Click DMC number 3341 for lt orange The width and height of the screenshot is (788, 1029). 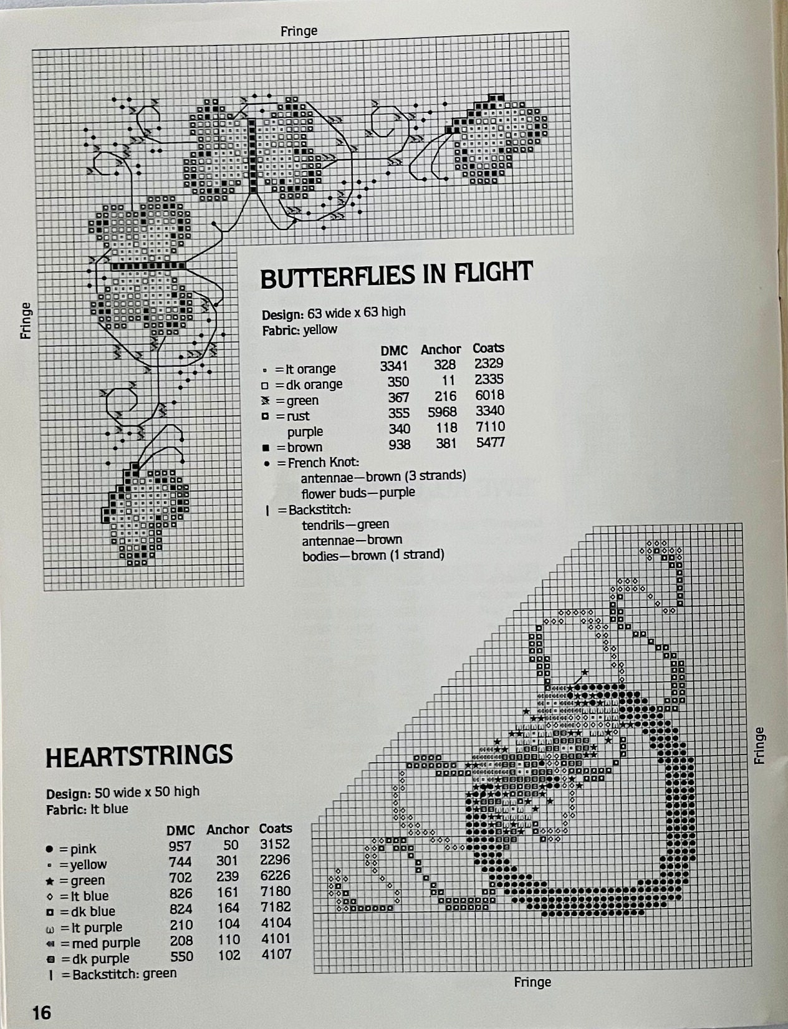pos(394,367)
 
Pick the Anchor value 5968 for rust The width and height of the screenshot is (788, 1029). pos(443,412)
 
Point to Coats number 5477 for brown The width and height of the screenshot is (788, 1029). pos(490,443)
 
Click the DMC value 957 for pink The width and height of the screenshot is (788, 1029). pos(180,846)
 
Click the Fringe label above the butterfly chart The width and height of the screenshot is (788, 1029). pos(299,31)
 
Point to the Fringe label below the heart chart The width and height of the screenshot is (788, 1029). pos(532,982)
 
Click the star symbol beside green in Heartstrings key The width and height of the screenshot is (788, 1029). pos(49,881)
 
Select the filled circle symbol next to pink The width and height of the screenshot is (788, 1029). pos(50,849)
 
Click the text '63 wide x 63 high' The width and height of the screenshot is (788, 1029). pos(357,312)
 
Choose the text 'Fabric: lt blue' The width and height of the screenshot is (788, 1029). pos(87,809)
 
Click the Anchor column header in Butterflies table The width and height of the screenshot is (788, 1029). pos(441,349)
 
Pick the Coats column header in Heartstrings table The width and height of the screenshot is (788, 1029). pos(276,828)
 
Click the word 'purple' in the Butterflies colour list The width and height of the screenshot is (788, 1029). pos(305,432)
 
